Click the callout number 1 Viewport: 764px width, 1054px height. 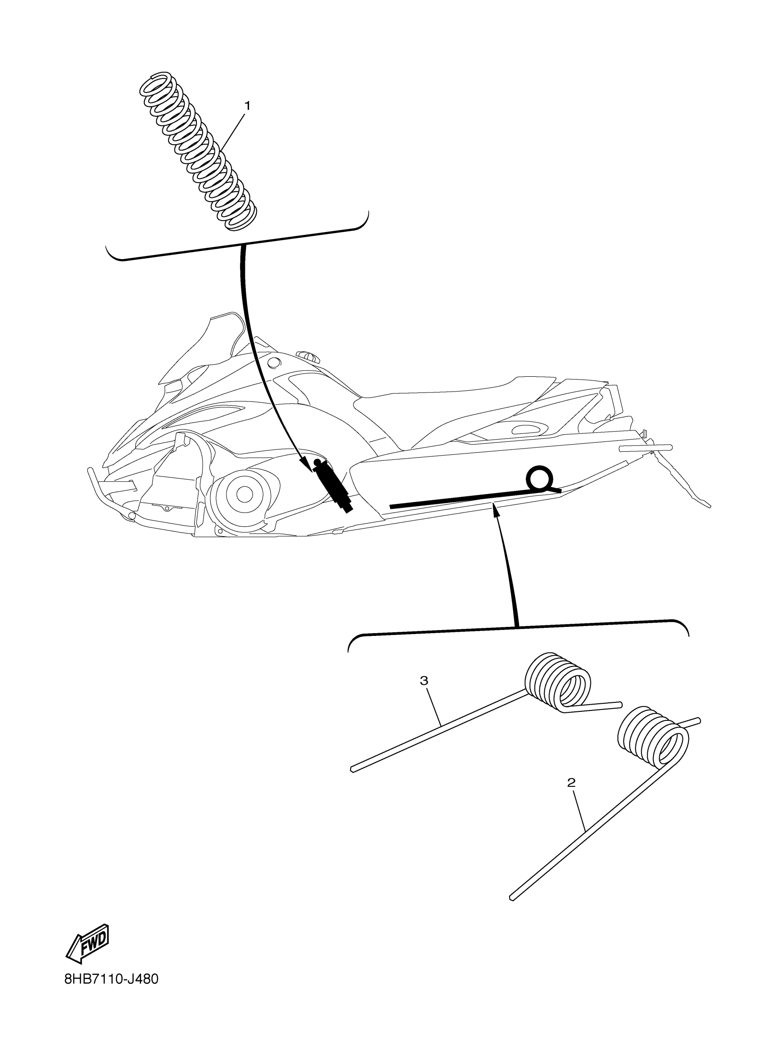click(247, 106)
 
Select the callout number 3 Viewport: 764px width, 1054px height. click(424, 681)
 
